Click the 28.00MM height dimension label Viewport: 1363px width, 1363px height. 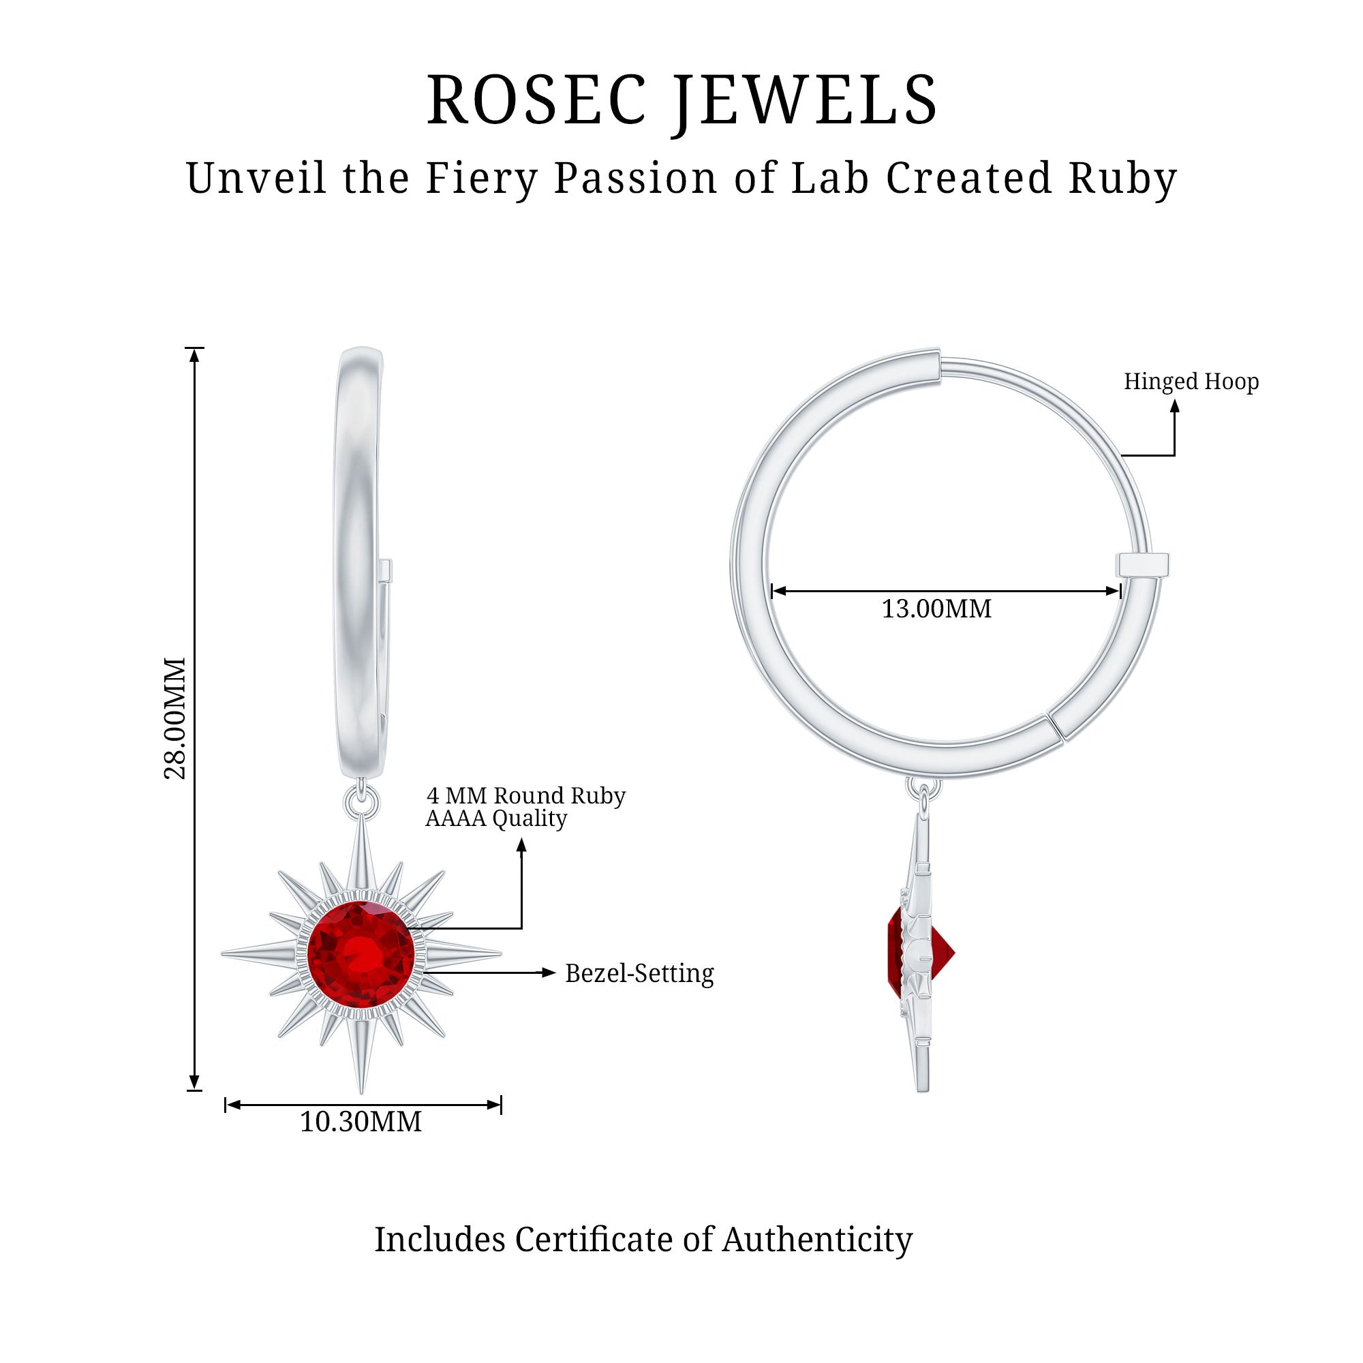[x=174, y=718]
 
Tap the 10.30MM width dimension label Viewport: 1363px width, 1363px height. [x=361, y=1122]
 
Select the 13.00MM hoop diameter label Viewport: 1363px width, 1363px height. [x=936, y=609]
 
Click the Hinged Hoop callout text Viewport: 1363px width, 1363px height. [x=1191, y=382]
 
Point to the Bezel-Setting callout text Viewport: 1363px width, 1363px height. [x=639, y=974]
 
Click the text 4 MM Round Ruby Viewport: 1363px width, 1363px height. [x=525, y=796]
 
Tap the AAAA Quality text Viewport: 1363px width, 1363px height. [x=496, y=818]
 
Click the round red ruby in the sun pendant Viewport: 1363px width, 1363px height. [x=361, y=955]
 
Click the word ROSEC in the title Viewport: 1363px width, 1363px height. [x=536, y=100]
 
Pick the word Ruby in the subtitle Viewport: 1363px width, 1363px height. [x=1122, y=178]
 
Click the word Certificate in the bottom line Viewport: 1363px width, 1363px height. [x=593, y=1240]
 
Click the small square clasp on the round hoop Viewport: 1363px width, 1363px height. [x=1142, y=564]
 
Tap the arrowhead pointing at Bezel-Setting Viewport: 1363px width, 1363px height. [x=549, y=973]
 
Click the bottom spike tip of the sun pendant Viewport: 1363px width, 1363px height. [x=361, y=1090]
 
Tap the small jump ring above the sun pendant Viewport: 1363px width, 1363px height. [x=361, y=803]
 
